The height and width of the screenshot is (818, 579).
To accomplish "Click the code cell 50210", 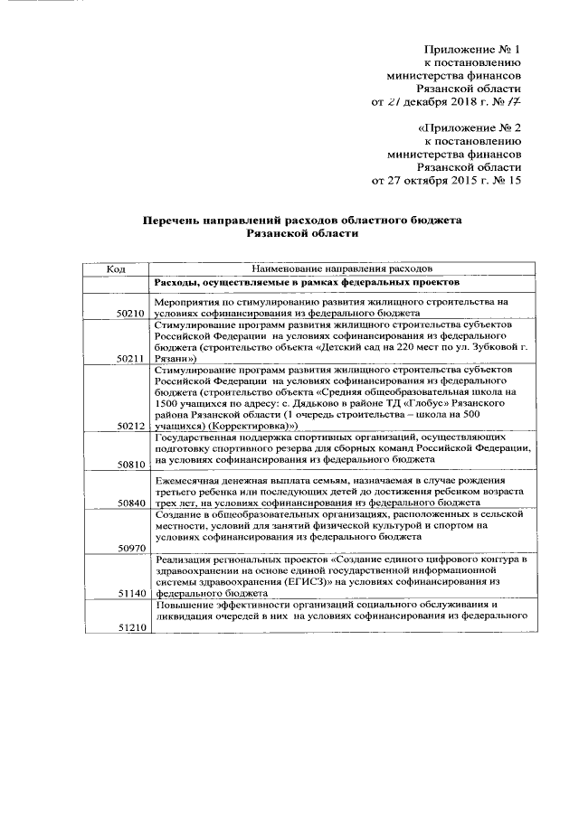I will coord(132,313).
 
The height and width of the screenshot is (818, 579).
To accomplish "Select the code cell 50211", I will coord(132,359).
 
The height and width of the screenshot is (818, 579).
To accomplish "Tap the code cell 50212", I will coord(132,425).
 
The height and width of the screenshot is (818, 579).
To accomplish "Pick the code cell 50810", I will coord(132,464).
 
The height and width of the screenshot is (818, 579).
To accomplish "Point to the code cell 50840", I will coord(132,502).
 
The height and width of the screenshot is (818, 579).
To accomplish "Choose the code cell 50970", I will coord(132,548).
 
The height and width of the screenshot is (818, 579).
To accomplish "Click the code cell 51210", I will coord(132,627).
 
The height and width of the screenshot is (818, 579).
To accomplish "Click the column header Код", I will coord(116,268).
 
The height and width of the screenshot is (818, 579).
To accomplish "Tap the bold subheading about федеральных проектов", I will coord(308,283).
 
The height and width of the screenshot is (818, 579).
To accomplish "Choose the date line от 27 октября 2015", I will coord(447,180).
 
